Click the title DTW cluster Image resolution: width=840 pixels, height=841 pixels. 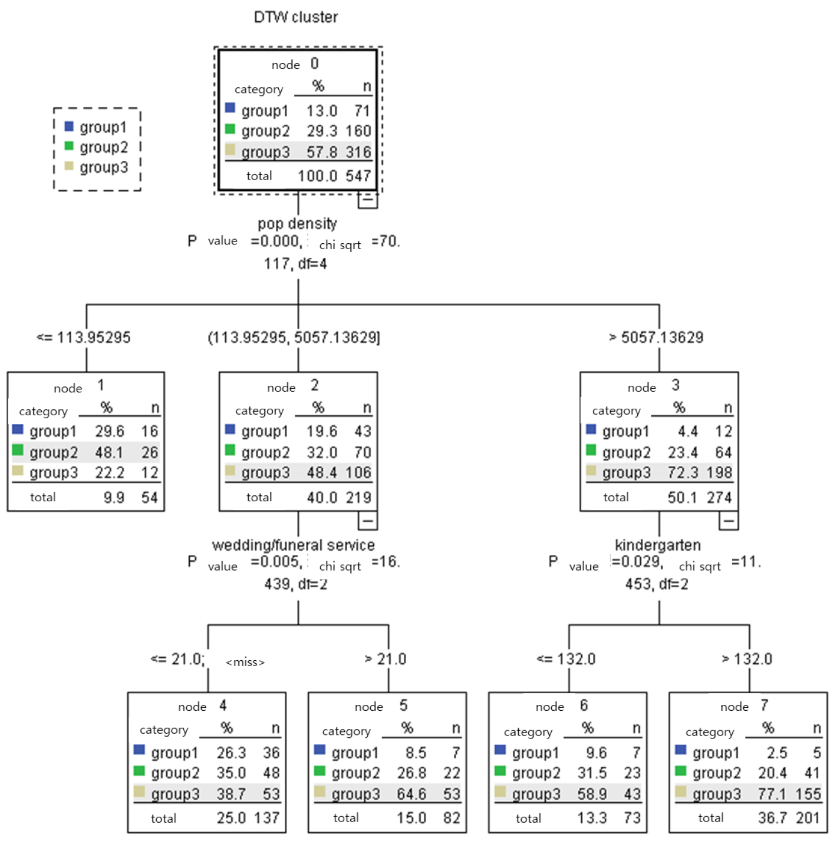[296, 17]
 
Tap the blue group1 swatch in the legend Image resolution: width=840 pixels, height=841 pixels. [69, 126]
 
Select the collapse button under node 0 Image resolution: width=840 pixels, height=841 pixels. [368, 200]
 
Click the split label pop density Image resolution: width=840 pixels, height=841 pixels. [297, 223]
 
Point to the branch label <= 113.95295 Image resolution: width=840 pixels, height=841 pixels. [84, 337]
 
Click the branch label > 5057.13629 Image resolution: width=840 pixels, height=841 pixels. [656, 337]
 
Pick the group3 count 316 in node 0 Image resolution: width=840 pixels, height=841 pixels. [358, 152]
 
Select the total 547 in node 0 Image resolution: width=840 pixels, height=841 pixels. [358, 176]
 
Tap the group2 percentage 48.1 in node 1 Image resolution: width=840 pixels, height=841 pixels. [109, 452]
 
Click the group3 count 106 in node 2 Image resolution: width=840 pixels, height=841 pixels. [358, 472]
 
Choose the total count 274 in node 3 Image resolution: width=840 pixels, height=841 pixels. [719, 497]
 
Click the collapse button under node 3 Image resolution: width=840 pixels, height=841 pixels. [729, 521]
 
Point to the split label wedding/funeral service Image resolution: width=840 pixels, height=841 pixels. [293, 545]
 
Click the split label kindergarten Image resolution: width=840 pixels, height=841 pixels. [658, 545]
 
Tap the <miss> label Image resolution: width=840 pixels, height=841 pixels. [245, 662]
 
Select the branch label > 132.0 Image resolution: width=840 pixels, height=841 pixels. [747, 658]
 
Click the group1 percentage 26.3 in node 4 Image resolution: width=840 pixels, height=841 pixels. [231, 753]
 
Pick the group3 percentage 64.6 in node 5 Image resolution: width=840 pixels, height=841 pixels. [411, 793]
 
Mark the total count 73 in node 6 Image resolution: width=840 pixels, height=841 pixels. [632, 817]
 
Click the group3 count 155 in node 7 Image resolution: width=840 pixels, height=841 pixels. [808, 793]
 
